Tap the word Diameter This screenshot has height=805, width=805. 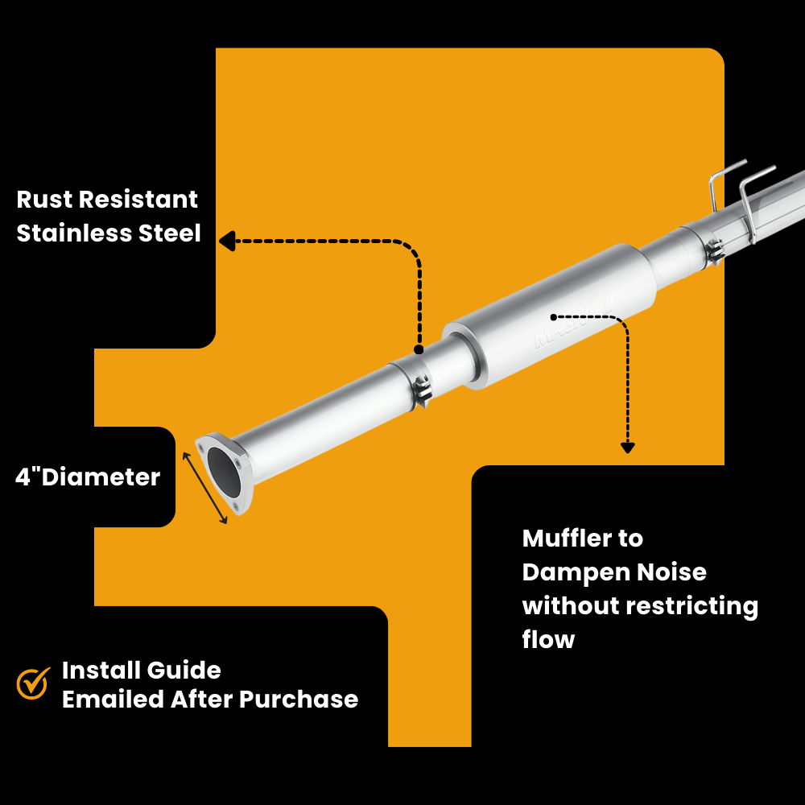coord(101,477)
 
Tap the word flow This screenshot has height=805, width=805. coord(548,640)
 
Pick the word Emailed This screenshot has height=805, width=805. coord(113,699)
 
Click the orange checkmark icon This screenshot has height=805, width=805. coord(34,683)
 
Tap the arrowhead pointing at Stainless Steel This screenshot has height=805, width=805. coord(226,241)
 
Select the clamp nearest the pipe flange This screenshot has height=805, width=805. coord(421,392)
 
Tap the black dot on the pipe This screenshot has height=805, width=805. coord(419,350)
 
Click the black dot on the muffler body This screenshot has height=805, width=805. coord(554,317)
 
